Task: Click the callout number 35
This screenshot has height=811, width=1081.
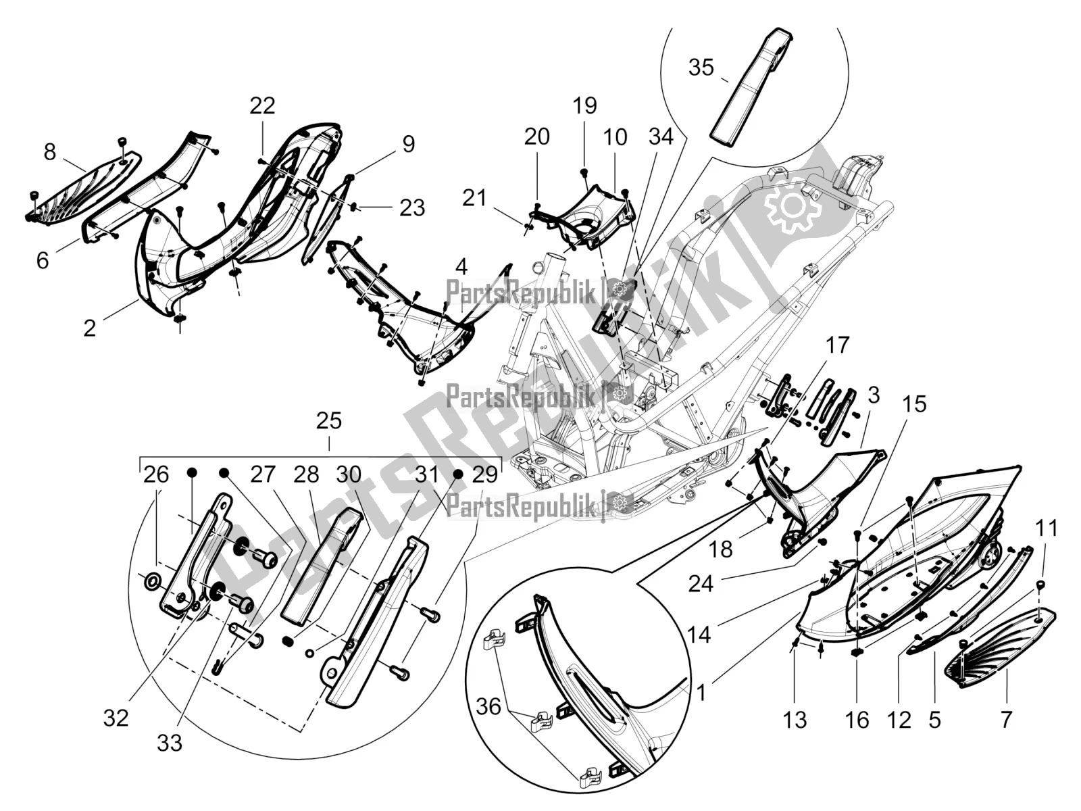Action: coord(701,68)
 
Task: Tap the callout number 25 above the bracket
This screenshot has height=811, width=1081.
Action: coord(329,422)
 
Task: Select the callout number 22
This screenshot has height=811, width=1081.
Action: coord(263,105)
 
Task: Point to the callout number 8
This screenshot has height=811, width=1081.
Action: coord(50,152)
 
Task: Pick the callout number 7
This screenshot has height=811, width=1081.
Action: coord(1006,720)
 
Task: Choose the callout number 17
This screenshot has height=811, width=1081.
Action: coord(837,346)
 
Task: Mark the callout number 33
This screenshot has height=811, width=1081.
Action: coord(170,743)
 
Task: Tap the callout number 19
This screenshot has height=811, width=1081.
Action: coord(585,105)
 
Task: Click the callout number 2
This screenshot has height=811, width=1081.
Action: coord(90,328)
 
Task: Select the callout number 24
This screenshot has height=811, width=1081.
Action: coord(701,583)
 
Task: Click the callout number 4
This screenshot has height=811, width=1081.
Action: coord(461,267)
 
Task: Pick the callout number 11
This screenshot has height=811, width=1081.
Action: coord(1047,528)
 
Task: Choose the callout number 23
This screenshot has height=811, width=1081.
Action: coord(412,207)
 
